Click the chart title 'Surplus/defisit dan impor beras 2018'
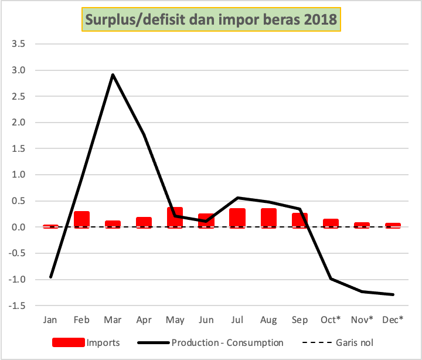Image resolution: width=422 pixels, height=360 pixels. coord(211,19)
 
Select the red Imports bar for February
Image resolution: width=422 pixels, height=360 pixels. coord(81,219)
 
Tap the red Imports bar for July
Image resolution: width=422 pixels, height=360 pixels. coord(237,218)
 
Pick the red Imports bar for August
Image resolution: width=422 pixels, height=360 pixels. coord(268,218)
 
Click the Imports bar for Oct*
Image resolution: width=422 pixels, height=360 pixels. coord(331,223)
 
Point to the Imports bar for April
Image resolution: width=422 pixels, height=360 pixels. coord(144,222)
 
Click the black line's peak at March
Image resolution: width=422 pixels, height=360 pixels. coord(113,74)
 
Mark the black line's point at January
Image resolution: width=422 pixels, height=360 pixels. coord(50,277)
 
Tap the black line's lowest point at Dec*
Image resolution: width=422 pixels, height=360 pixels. coord(393,294)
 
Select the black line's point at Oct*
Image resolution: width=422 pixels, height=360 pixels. coord(331,279)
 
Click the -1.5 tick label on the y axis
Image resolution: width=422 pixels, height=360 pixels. coord(17,305)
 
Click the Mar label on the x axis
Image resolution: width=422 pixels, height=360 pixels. coord(113,320)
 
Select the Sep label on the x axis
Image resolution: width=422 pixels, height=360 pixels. coord(300,320)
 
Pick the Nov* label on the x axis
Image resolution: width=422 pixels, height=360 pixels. coord(362,320)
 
